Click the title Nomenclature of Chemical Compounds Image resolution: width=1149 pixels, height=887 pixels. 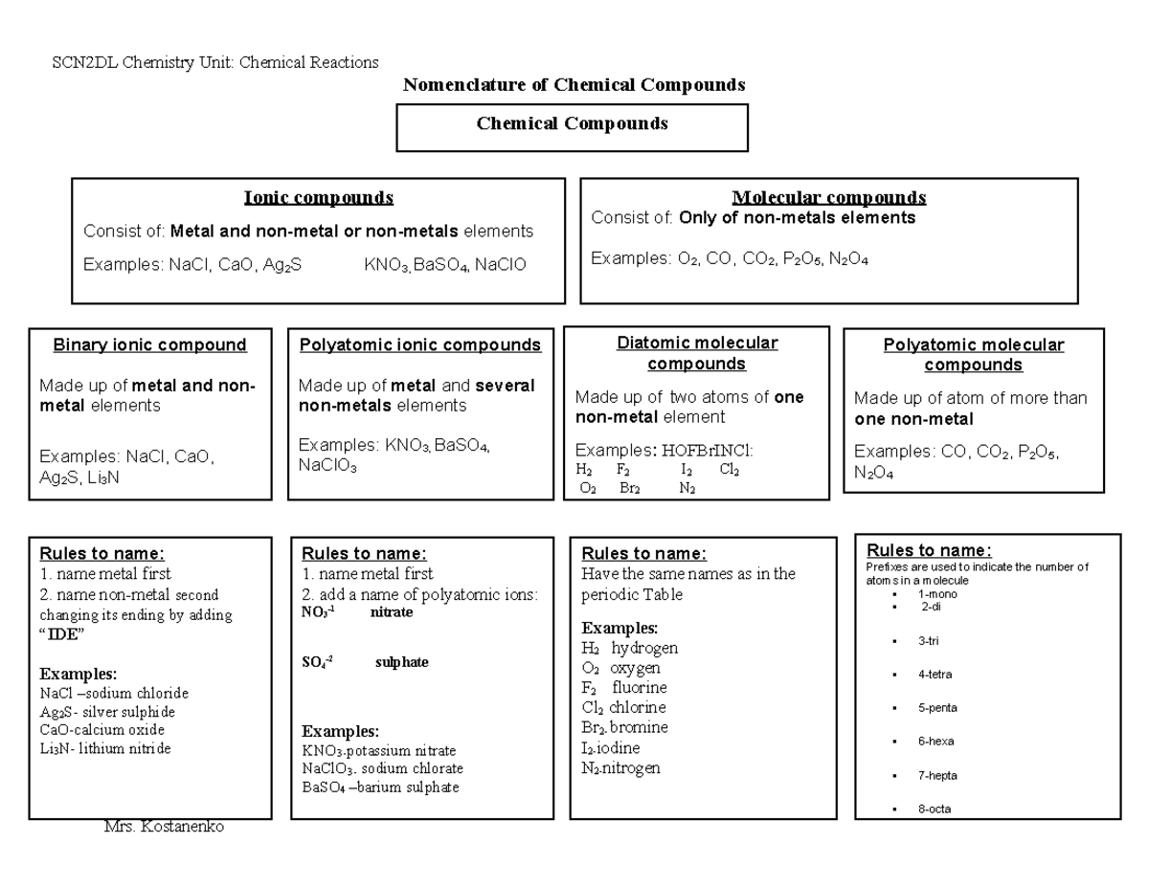tap(574, 85)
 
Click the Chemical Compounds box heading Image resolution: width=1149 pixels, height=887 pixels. tap(573, 123)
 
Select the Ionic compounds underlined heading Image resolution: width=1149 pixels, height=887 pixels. tap(319, 198)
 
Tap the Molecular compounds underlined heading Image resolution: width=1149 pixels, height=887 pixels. tap(828, 198)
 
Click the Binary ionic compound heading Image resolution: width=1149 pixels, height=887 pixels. tap(149, 345)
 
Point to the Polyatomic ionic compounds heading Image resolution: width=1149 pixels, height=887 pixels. tap(420, 345)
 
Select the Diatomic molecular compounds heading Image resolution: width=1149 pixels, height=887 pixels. tap(696, 353)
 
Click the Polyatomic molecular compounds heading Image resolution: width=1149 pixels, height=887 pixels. tap(973, 355)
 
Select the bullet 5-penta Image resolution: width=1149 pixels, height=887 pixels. tap(936, 708)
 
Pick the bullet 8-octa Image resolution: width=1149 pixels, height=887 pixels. tap(934, 809)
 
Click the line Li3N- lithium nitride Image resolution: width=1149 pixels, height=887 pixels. tap(105, 749)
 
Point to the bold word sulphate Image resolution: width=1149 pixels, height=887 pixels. tap(401, 662)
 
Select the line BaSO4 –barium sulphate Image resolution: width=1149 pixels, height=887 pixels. tap(379, 787)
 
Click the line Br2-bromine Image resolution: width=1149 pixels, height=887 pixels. tap(624, 727)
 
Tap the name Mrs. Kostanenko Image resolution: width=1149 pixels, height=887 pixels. tap(164, 827)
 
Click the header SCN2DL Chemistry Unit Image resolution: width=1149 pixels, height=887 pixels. tap(215, 62)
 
